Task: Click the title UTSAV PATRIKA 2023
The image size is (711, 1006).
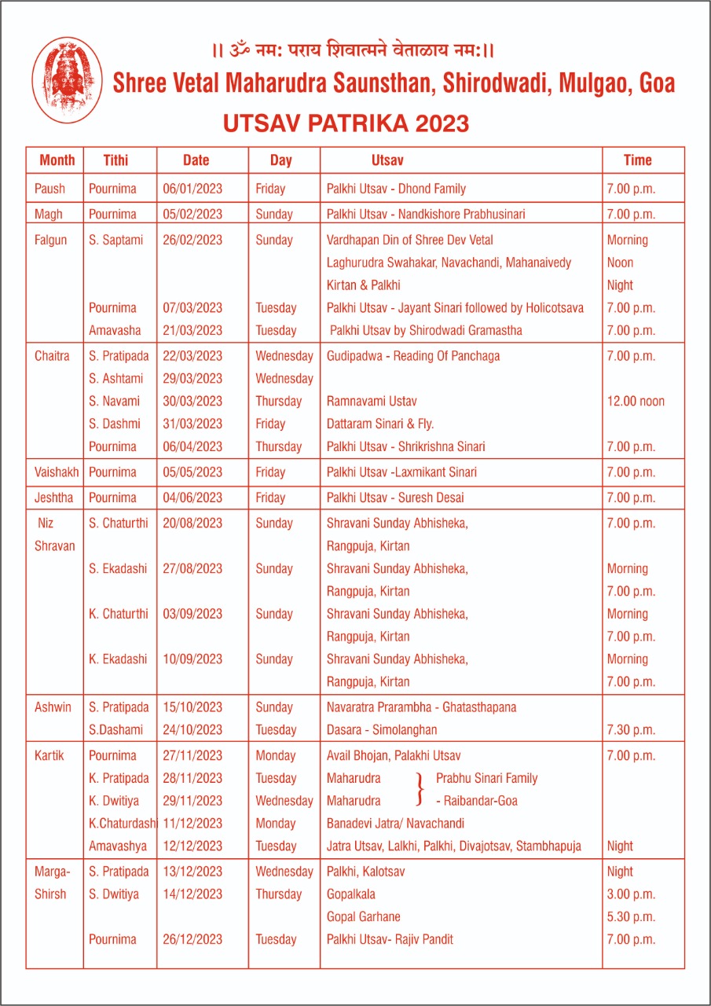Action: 346,123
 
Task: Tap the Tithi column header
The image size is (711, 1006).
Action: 115,160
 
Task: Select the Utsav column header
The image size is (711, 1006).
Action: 387,160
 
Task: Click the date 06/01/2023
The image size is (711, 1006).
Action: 192,189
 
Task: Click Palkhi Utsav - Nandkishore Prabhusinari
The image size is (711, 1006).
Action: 426,214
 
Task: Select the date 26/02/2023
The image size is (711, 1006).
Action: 192,240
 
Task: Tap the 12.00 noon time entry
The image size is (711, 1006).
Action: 636,401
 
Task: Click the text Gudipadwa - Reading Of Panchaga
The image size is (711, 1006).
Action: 413,356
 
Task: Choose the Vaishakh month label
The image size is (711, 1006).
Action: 57,472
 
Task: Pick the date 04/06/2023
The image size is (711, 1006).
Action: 192,497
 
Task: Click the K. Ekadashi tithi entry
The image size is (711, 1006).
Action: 118,659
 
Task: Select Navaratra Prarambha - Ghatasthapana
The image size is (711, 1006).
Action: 421,707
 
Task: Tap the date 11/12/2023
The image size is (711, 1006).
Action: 192,824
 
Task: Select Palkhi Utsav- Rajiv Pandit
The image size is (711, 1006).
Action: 390,939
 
